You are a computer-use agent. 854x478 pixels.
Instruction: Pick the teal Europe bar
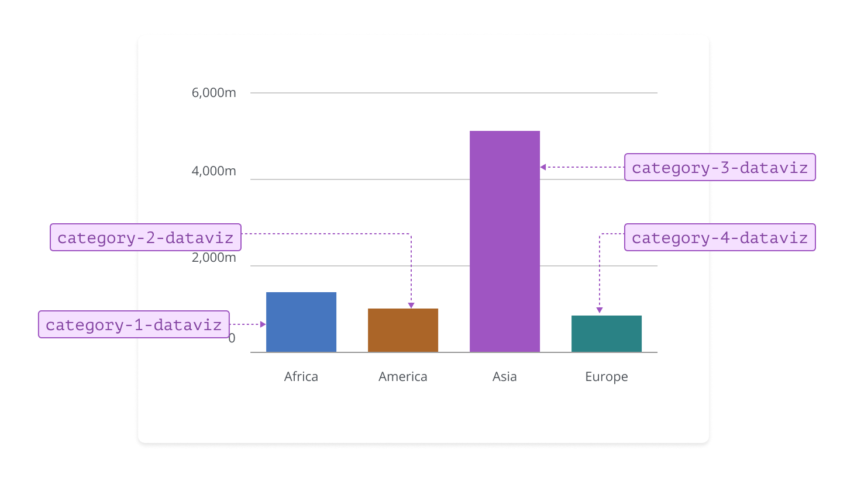[x=607, y=334]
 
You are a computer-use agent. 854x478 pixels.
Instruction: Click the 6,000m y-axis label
[x=214, y=93]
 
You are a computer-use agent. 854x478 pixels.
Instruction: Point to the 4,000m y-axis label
[x=214, y=171]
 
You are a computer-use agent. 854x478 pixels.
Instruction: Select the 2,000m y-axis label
[x=214, y=258]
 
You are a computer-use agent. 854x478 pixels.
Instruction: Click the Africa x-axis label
[x=301, y=377]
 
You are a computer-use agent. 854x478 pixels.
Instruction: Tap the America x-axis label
[x=403, y=377]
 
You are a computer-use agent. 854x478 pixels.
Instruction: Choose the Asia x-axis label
[x=505, y=377]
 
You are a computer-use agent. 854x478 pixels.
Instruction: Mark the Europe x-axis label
[x=607, y=377]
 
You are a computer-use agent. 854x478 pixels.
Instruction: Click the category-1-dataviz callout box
[x=134, y=324]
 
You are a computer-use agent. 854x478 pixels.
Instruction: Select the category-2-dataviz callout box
[x=146, y=237]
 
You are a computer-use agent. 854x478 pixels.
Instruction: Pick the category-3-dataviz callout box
[x=720, y=167]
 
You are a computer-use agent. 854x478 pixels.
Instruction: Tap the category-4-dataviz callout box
[x=720, y=237]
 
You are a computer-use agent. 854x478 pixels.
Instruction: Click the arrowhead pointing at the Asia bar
[x=543, y=167]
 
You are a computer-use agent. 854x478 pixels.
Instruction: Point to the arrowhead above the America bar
[x=411, y=306]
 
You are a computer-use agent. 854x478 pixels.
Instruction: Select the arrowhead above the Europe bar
[x=600, y=310]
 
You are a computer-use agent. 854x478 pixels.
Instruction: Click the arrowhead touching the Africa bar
[x=263, y=324]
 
